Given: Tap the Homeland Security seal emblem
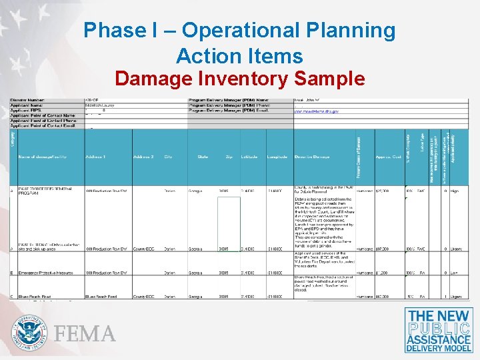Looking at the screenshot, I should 29,332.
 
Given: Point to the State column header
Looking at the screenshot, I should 203,157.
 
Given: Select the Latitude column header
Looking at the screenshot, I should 249,157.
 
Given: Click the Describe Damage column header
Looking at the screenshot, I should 314,157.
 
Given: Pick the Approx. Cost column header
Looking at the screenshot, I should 388,157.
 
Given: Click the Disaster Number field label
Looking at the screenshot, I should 28,100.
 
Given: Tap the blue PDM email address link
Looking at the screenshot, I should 317,111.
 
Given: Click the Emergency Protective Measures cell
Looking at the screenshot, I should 43,273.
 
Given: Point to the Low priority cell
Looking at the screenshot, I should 455,273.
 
